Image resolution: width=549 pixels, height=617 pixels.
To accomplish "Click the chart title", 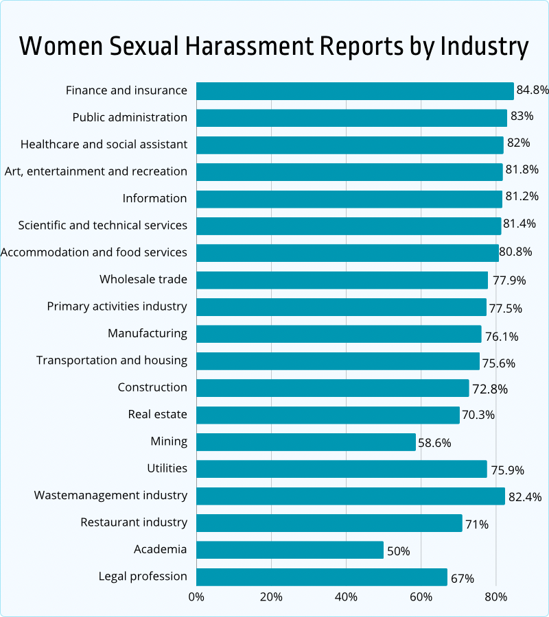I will (274, 47).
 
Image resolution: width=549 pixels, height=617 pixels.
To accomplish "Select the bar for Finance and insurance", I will (355, 90).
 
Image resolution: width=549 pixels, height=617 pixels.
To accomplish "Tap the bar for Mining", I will (306, 441).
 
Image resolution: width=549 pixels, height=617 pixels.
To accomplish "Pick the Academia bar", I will (290, 549).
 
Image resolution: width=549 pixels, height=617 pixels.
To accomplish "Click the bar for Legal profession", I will (322, 577).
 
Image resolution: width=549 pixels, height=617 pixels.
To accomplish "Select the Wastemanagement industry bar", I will (351, 496).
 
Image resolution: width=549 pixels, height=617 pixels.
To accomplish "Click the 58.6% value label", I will (435, 443).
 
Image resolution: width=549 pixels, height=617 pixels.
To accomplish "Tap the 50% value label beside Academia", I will (398, 551).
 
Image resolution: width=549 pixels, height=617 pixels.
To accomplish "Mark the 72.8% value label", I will (490, 389).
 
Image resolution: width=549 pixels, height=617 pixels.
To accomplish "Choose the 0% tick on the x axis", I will (196, 597).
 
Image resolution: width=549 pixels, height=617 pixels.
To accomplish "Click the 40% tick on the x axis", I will (347, 597).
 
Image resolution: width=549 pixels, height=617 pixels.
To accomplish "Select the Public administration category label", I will (130, 117).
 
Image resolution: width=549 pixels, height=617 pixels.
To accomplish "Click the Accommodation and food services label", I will (94, 252).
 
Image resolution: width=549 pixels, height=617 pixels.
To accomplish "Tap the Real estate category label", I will (157, 414).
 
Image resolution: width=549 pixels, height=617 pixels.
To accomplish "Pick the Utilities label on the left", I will (167, 468).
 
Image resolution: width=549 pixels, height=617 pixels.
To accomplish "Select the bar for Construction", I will (332, 387).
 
